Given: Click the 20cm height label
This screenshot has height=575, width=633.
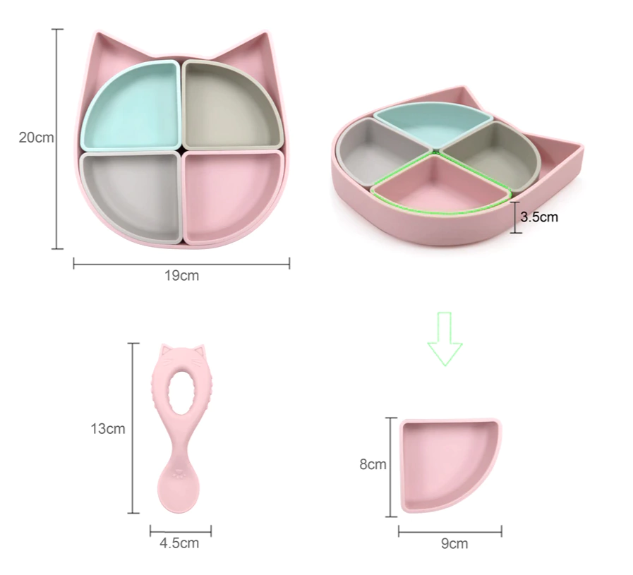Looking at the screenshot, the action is [x=36, y=138].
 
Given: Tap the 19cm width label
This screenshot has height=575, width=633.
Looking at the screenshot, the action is [x=181, y=276].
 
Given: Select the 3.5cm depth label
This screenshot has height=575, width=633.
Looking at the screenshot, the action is [x=539, y=217].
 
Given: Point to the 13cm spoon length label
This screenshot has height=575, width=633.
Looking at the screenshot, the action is [x=108, y=428].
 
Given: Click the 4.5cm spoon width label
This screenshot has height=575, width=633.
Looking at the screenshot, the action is [x=179, y=543].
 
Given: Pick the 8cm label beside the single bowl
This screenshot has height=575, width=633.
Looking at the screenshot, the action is [x=373, y=464].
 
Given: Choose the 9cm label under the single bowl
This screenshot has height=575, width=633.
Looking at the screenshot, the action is [x=454, y=544].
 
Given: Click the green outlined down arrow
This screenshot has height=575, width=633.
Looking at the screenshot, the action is [x=445, y=339].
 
